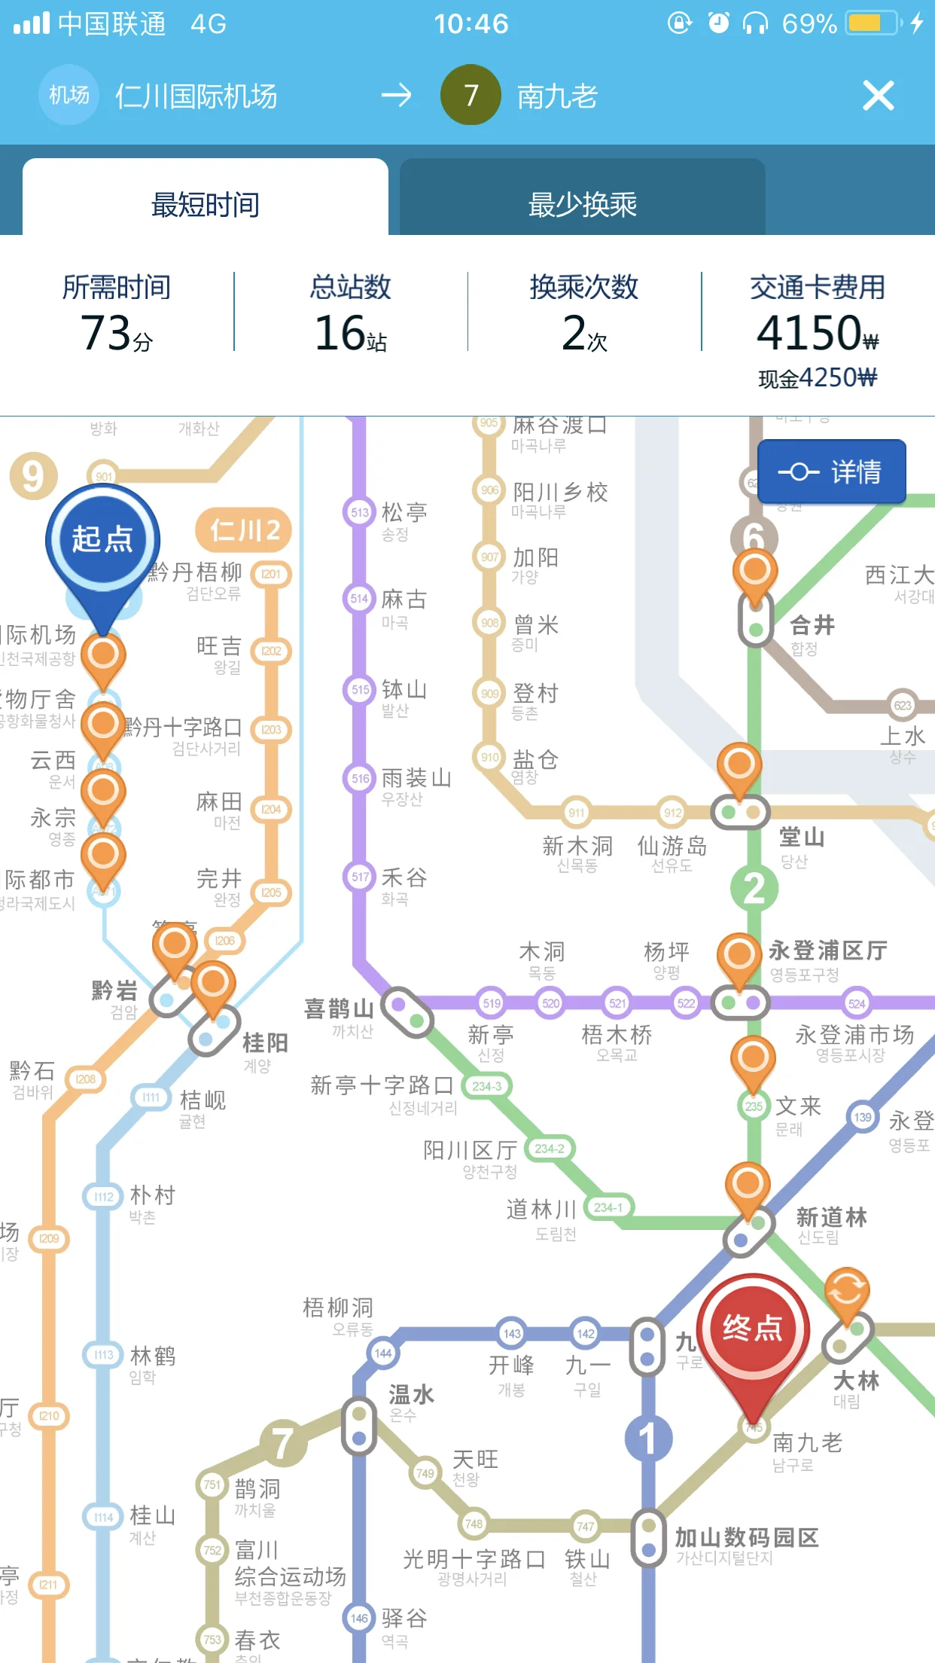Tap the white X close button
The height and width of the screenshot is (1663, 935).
point(878,96)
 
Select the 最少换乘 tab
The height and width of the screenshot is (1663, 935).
point(582,204)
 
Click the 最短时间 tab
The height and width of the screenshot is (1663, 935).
point(205,204)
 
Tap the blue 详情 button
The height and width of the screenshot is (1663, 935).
point(831,472)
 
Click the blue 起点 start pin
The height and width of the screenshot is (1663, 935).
point(103,540)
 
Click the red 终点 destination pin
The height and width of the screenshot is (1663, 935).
point(753,1329)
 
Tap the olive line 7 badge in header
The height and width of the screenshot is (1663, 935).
point(471,95)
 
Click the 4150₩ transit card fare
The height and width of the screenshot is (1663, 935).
point(818,333)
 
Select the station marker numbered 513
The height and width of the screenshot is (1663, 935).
point(360,512)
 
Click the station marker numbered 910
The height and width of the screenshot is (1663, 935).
point(489,757)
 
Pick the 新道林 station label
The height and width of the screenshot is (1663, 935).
point(831,1217)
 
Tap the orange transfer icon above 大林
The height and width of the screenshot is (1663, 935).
point(847,1291)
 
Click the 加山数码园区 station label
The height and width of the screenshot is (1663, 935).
point(746,1537)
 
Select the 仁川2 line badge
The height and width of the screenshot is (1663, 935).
point(244,530)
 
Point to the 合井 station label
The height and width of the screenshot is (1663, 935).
point(812,625)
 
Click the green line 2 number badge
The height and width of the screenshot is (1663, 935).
point(754,889)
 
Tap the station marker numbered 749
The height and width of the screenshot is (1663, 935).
point(425,1472)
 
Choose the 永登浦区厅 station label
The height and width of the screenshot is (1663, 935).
point(828,951)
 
